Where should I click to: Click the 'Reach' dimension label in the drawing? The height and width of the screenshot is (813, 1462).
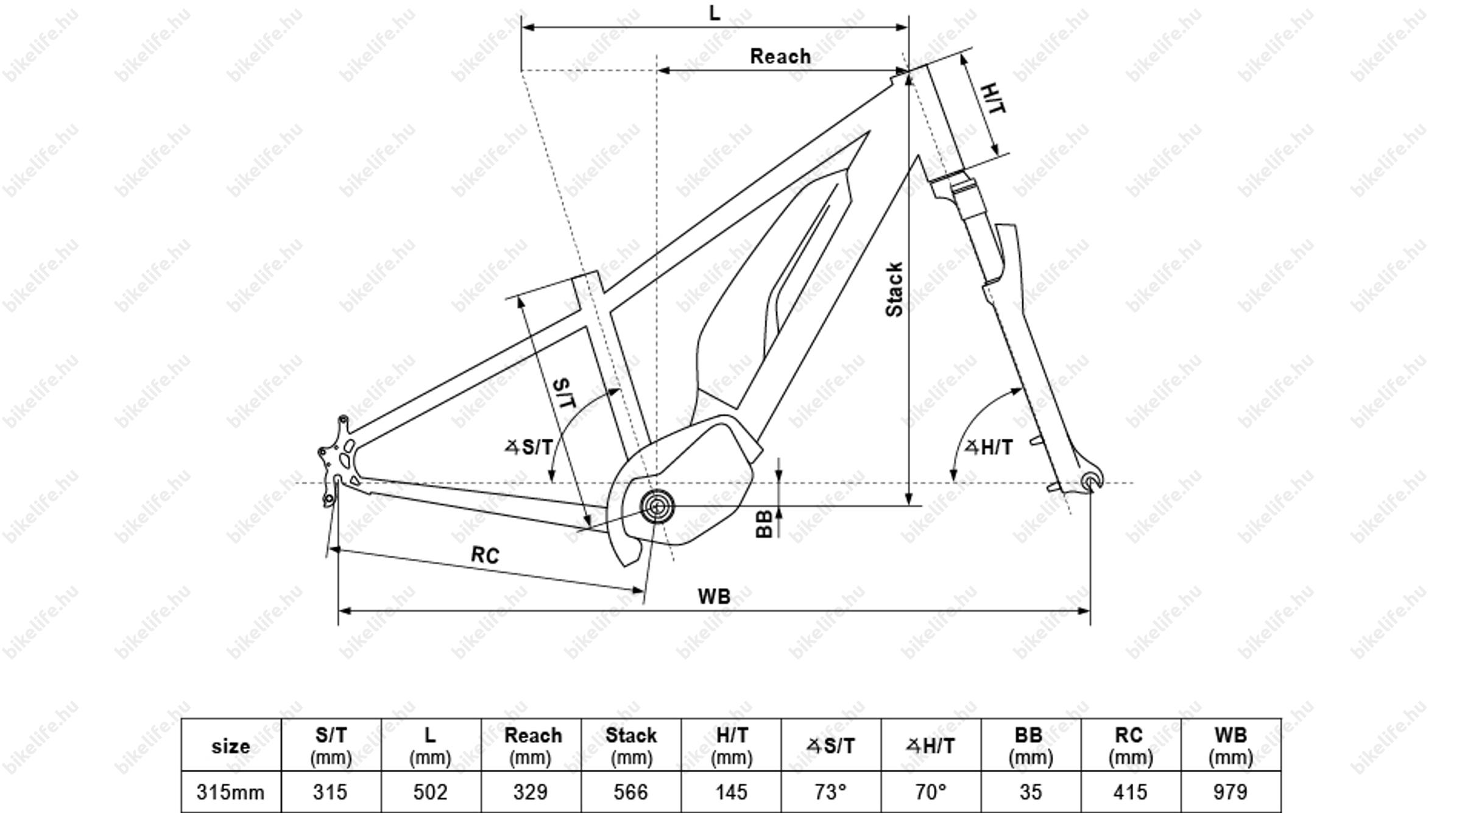point(780,56)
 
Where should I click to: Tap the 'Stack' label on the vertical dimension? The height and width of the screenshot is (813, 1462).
point(894,289)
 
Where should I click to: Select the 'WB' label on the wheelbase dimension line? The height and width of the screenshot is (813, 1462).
point(714,596)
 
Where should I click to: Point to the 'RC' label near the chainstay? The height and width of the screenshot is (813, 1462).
point(485,555)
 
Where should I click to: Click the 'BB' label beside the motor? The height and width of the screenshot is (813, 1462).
point(764,524)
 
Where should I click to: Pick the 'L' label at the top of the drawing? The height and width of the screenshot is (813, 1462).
point(715,13)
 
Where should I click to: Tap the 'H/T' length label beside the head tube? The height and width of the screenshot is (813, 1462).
point(993,99)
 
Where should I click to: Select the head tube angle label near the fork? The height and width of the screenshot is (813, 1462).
point(988,447)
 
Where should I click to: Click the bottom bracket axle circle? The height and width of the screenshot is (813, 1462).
point(657,506)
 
